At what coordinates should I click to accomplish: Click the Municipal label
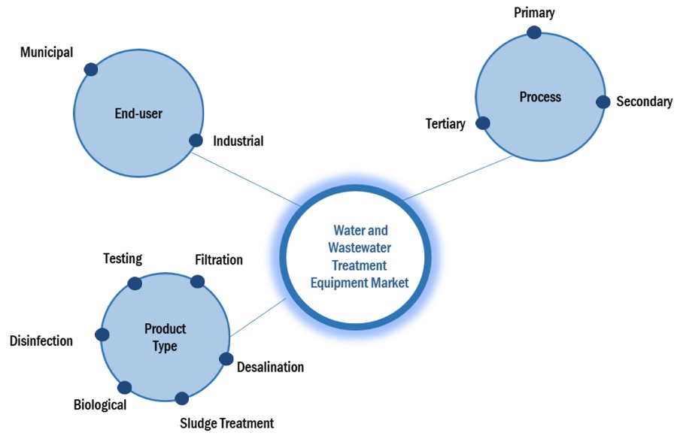(x=47, y=53)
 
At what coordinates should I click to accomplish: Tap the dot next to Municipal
(x=91, y=69)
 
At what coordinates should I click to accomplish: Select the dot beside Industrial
(x=196, y=140)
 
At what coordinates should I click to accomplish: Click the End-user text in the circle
(x=138, y=114)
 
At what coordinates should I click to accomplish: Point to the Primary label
(x=534, y=13)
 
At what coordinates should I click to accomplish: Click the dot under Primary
(x=534, y=32)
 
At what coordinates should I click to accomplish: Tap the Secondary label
(x=644, y=101)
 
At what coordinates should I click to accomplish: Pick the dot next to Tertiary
(x=484, y=123)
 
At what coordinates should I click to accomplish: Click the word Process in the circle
(x=540, y=97)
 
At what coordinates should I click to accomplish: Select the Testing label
(x=123, y=259)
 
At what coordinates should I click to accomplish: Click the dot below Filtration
(x=197, y=281)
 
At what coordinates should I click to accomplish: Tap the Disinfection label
(x=41, y=341)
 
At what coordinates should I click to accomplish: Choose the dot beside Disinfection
(x=102, y=335)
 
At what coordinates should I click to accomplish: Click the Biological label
(x=100, y=405)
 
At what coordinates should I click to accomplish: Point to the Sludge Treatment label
(x=226, y=423)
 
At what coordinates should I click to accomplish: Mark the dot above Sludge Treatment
(x=181, y=399)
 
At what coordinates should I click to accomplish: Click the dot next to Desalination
(x=226, y=359)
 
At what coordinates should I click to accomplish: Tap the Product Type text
(x=165, y=338)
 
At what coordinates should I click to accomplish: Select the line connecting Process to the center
(x=459, y=178)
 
